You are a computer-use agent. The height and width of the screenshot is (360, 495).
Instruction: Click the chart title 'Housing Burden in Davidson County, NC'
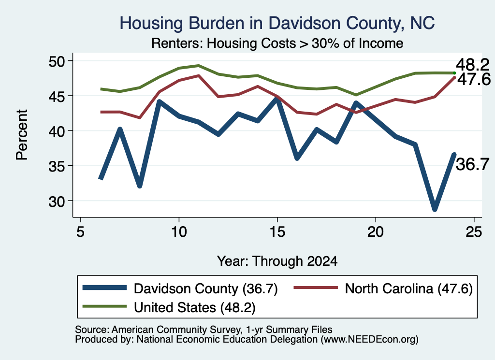click(x=277, y=24)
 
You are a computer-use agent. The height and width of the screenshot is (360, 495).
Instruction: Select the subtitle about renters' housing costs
click(x=277, y=43)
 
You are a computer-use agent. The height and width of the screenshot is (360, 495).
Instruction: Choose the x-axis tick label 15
click(x=277, y=232)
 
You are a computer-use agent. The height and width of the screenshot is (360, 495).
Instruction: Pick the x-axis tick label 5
click(x=81, y=232)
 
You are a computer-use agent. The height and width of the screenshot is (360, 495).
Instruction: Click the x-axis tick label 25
click(x=474, y=232)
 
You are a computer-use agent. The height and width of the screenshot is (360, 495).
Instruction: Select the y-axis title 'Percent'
click(x=22, y=135)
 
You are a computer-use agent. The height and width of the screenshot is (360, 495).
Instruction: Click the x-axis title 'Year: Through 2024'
click(x=277, y=261)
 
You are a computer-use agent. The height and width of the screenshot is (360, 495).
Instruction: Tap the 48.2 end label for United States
click(x=473, y=65)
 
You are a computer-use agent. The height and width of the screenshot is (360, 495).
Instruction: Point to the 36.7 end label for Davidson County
click(x=473, y=165)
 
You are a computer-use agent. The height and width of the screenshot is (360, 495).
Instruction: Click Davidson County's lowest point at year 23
click(x=435, y=209)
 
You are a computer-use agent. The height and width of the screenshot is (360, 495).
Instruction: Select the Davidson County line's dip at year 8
click(x=140, y=186)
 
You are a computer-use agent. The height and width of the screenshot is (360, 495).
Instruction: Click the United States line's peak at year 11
click(x=199, y=66)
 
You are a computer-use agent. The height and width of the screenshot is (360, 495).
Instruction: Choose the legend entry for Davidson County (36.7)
click(x=180, y=288)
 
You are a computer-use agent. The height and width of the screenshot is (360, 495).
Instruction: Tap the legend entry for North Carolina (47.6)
click(x=383, y=288)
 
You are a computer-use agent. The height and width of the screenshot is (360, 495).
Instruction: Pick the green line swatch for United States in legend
click(x=104, y=306)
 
